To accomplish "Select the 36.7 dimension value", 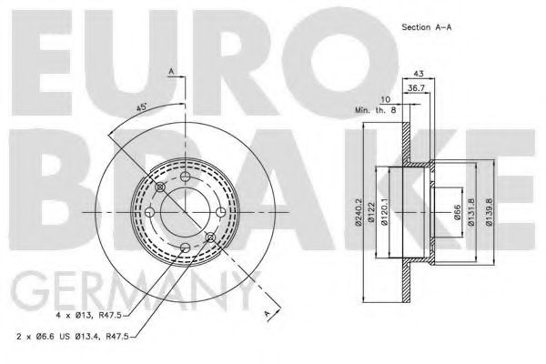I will tap(414, 87).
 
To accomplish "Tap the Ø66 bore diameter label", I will tap(456, 215).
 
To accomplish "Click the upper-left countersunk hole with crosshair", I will tap(161, 187).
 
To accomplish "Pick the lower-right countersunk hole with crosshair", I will tap(210, 238).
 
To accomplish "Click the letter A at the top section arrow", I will tap(170, 70).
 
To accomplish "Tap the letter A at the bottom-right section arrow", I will tap(267, 314).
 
